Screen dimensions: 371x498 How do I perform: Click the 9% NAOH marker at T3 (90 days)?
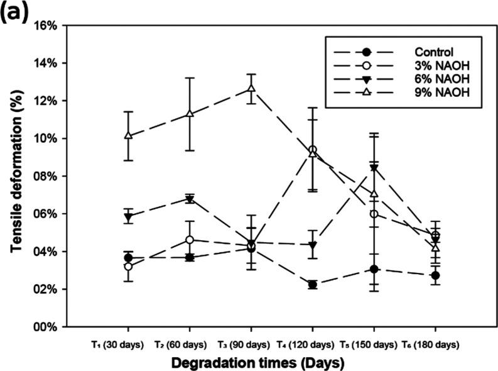[x=251, y=89]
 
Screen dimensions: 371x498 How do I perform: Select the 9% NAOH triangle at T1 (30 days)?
[x=128, y=136]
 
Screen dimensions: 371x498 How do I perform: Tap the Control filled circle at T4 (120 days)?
[x=312, y=285]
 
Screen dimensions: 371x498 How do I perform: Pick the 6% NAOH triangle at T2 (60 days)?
[x=189, y=199]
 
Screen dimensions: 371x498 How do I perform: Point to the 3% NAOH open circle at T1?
[x=128, y=267]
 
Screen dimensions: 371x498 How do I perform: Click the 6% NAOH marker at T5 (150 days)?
[x=374, y=168]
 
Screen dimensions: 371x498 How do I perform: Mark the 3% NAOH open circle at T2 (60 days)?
[x=189, y=240]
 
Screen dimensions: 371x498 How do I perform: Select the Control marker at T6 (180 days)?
[x=435, y=275]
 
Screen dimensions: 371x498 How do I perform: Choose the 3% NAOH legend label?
[x=437, y=65]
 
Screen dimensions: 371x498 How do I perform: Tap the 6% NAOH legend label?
[x=437, y=79]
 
